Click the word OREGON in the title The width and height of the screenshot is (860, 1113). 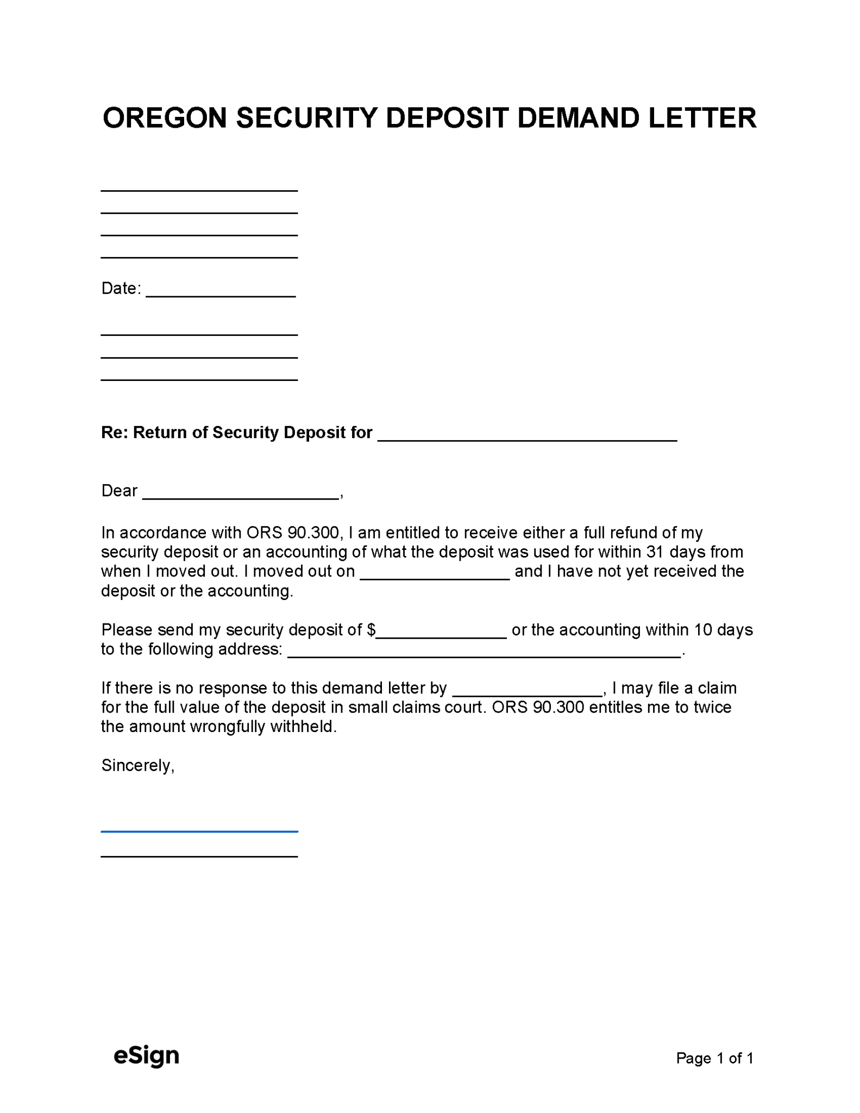click(x=164, y=118)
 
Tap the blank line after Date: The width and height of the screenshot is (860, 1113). click(x=221, y=292)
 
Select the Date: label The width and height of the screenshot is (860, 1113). click(x=121, y=288)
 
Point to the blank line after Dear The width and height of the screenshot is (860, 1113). click(x=241, y=495)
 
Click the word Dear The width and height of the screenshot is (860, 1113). click(x=120, y=491)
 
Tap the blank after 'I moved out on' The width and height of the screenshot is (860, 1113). click(x=435, y=576)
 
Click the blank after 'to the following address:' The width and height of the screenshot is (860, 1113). click(x=484, y=653)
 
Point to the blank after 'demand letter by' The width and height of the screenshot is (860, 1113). click(x=527, y=692)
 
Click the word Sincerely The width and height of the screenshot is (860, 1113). click(x=137, y=765)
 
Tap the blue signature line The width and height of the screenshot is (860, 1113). click(x=199, y=831)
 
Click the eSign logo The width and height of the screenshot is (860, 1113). click(x=146, y=1055)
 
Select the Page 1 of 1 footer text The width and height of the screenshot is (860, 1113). click(x=714, y=1058)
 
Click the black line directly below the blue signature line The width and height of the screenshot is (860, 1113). click(x=199, y=856)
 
